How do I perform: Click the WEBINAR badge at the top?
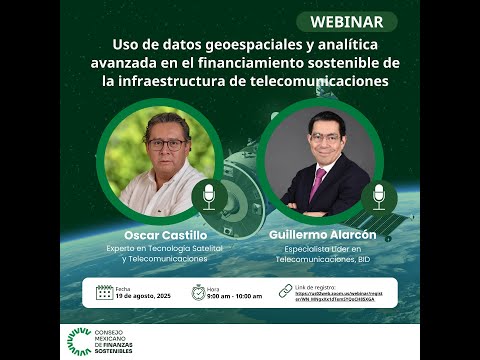(x=346, y=22)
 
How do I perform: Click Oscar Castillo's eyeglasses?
(x=166, y=143)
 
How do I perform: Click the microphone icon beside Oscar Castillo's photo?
(x=209, y=193)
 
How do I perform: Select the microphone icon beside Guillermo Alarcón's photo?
(x=379, y=193)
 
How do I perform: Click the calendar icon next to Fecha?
(x=104, y=292)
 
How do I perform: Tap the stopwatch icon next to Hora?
(x=199, y=292)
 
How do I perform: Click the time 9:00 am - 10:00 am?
(x=235, y=297)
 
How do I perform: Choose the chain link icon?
(x=285, y=291)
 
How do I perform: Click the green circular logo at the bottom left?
(x=78, y=341)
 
